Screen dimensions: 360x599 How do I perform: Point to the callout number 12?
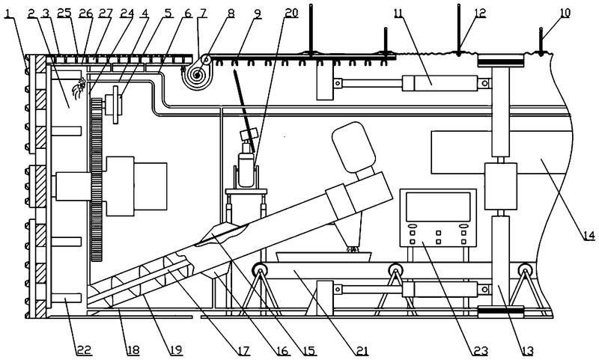pyautogui.click(x=479, y=13)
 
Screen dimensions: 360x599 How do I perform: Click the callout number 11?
pyautogui.click(x=397, y=13)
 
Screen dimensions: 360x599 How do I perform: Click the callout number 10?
pyautogui.click(x=564, y=13)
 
